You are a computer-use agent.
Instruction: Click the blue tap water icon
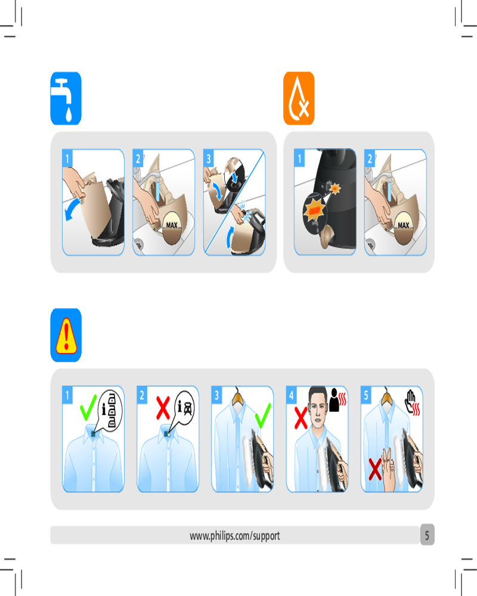[66, 98]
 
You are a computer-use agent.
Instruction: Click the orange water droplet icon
[299, 98]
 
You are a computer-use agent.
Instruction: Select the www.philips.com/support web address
[235, 536]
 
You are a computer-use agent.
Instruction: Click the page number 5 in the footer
[427, 535]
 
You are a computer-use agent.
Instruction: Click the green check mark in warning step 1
[88, 407]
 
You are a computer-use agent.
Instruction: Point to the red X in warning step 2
[163, 408]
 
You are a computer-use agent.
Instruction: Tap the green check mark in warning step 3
[263, 415]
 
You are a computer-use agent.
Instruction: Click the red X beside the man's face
[301, 418]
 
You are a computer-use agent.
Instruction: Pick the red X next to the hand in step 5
[375, 469]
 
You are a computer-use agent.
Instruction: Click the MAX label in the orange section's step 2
[403, 225]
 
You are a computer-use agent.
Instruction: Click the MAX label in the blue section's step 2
[172, 225]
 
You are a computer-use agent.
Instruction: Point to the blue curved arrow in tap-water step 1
[72, 208]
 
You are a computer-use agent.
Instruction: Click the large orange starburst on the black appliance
[314, 209]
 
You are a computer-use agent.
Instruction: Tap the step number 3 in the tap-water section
[209, 159]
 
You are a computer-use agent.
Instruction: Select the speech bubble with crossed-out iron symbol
[183, 409]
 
